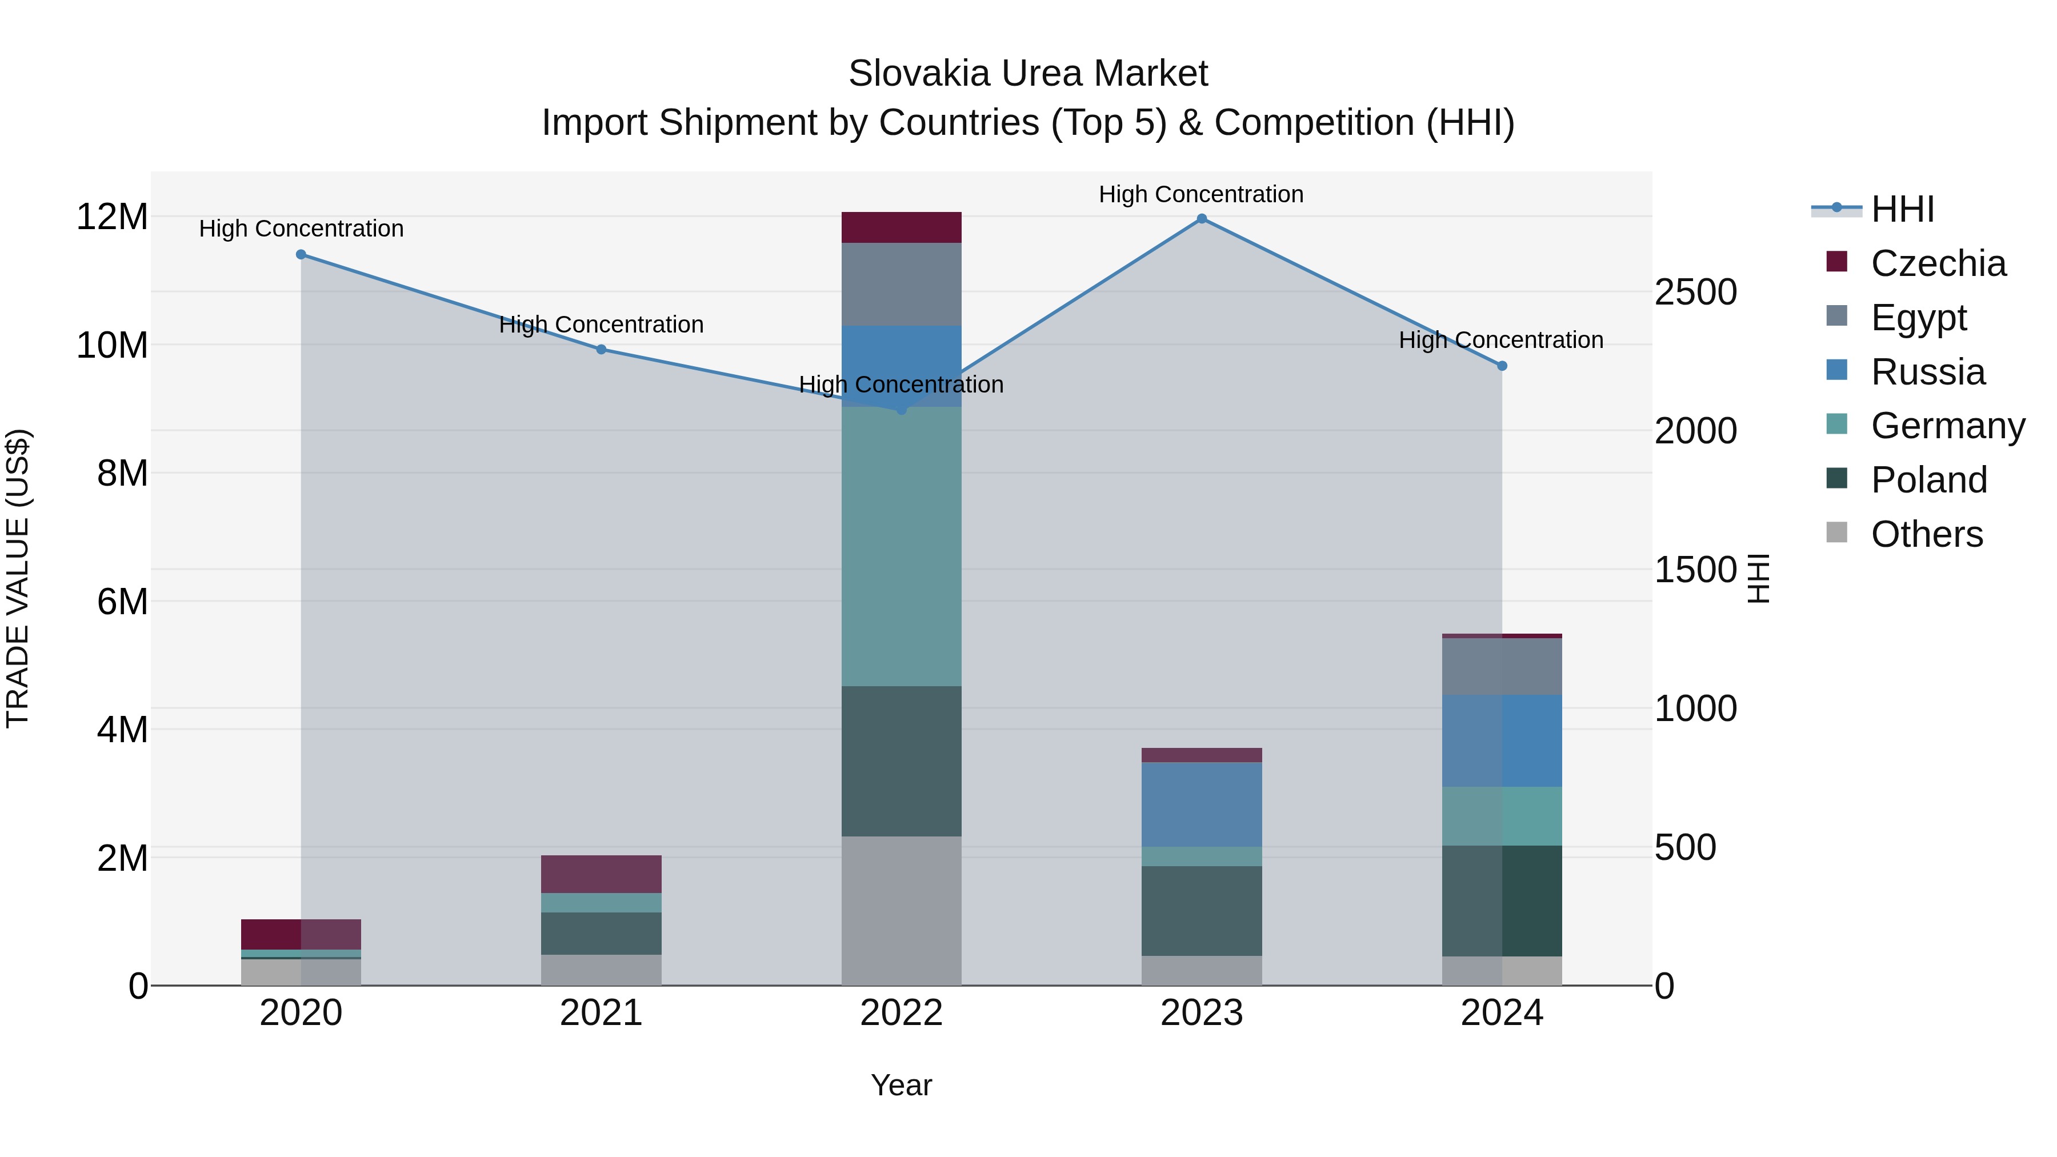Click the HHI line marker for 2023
(1202, 219)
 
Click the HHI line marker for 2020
(301, 255)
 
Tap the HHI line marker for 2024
(1502, 366)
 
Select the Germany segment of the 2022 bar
(902, 547)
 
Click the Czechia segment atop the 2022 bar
(902, 227)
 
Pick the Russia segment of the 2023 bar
(1202, 805)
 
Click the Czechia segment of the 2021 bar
(601, 874)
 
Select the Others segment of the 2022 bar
(902, 911)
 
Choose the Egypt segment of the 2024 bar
(1502, 667)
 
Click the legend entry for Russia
(1928, 372)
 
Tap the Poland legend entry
(1928, 480)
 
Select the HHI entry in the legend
(1902, 209)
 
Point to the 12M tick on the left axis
(112, 217)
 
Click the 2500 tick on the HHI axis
(1695, 292)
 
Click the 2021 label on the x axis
(601, 1013)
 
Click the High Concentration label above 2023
(1201, 194)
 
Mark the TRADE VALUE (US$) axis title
(18, 578)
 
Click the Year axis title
(902, 1085)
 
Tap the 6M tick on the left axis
(122, 601)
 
